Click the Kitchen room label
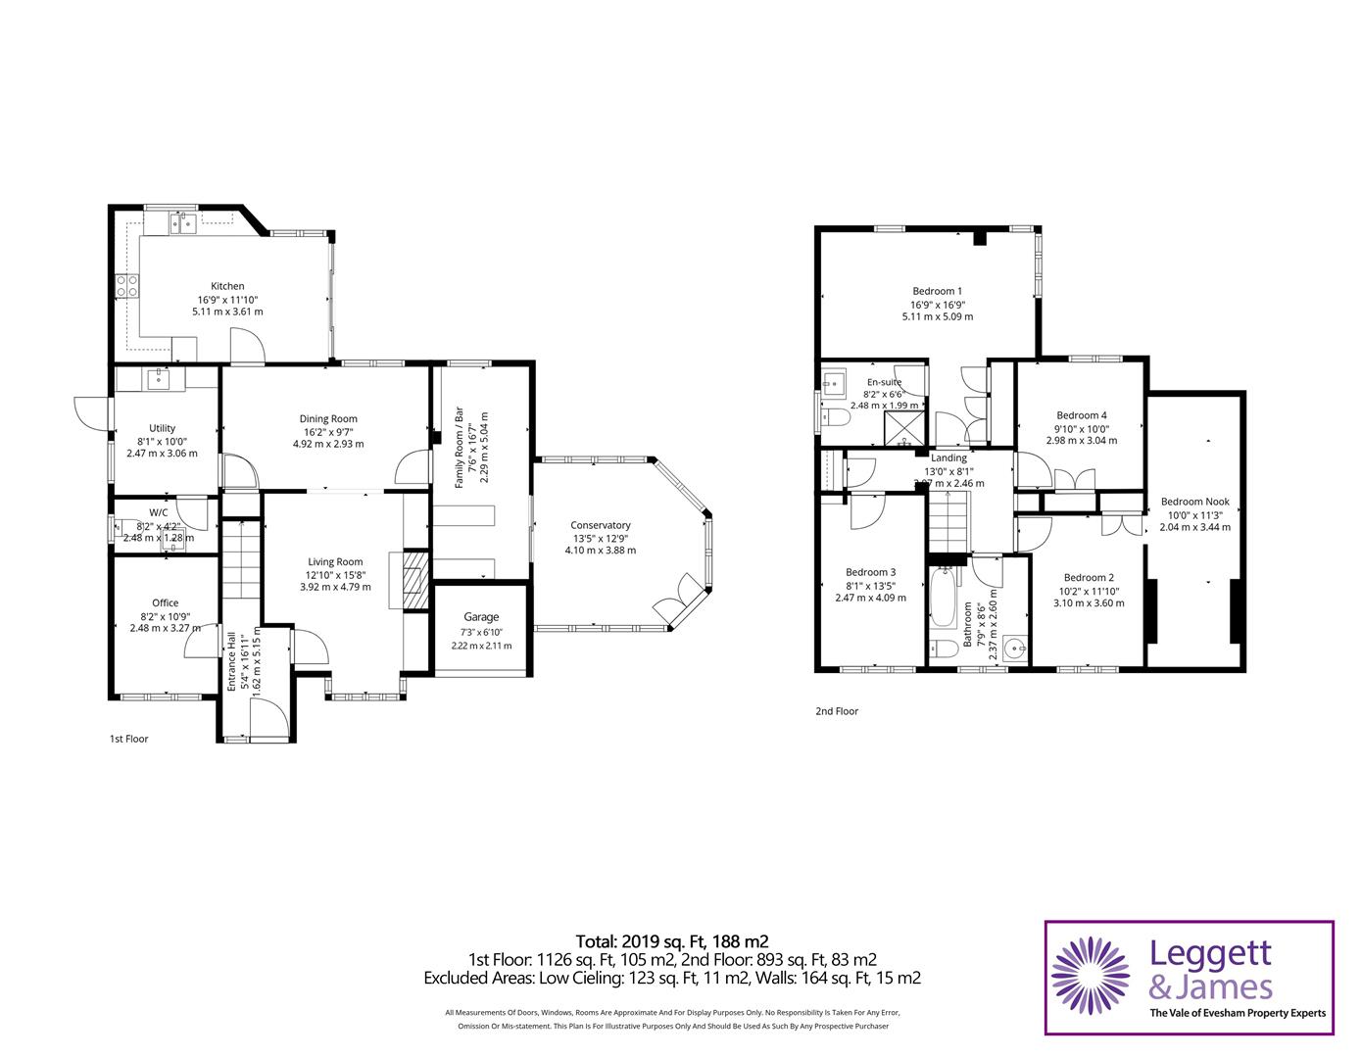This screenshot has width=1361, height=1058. coord(227,286)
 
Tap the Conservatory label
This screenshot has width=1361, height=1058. coord(601,525)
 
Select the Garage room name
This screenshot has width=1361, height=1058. coord(481,617)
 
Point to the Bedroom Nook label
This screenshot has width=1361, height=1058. coord(1194,502)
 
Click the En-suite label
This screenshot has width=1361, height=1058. coord(884,382)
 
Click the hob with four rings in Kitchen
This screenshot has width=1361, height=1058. coord(128,285)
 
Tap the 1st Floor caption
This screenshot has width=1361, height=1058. coord(128,739)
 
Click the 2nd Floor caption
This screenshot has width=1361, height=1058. coord(836,711)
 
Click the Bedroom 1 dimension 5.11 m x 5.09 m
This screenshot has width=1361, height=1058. coord(937,316)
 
